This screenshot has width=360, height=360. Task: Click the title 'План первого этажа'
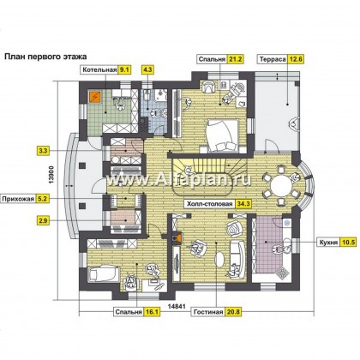[45, 57]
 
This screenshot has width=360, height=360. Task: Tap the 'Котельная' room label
[99, 70]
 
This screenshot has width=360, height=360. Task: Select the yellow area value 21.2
[236, 59]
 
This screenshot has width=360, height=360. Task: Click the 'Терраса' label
[273, 59]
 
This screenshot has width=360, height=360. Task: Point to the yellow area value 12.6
[296, 59]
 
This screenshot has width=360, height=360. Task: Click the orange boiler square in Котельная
[95, 97]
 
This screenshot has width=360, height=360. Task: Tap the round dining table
[281, 186]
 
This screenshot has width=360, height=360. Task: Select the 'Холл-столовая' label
[209, 204]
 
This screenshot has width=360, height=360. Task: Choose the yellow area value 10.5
[348, 243]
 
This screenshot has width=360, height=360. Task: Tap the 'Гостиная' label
[208, 312]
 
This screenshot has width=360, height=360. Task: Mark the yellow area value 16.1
[152, 312]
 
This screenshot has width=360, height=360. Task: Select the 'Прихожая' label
[19, 199]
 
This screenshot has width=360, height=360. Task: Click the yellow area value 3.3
[43, 151]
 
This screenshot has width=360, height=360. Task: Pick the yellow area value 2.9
[43, 220]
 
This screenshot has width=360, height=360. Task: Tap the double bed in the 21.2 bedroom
[223, 135]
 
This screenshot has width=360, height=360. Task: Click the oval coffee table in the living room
[219, 259]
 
